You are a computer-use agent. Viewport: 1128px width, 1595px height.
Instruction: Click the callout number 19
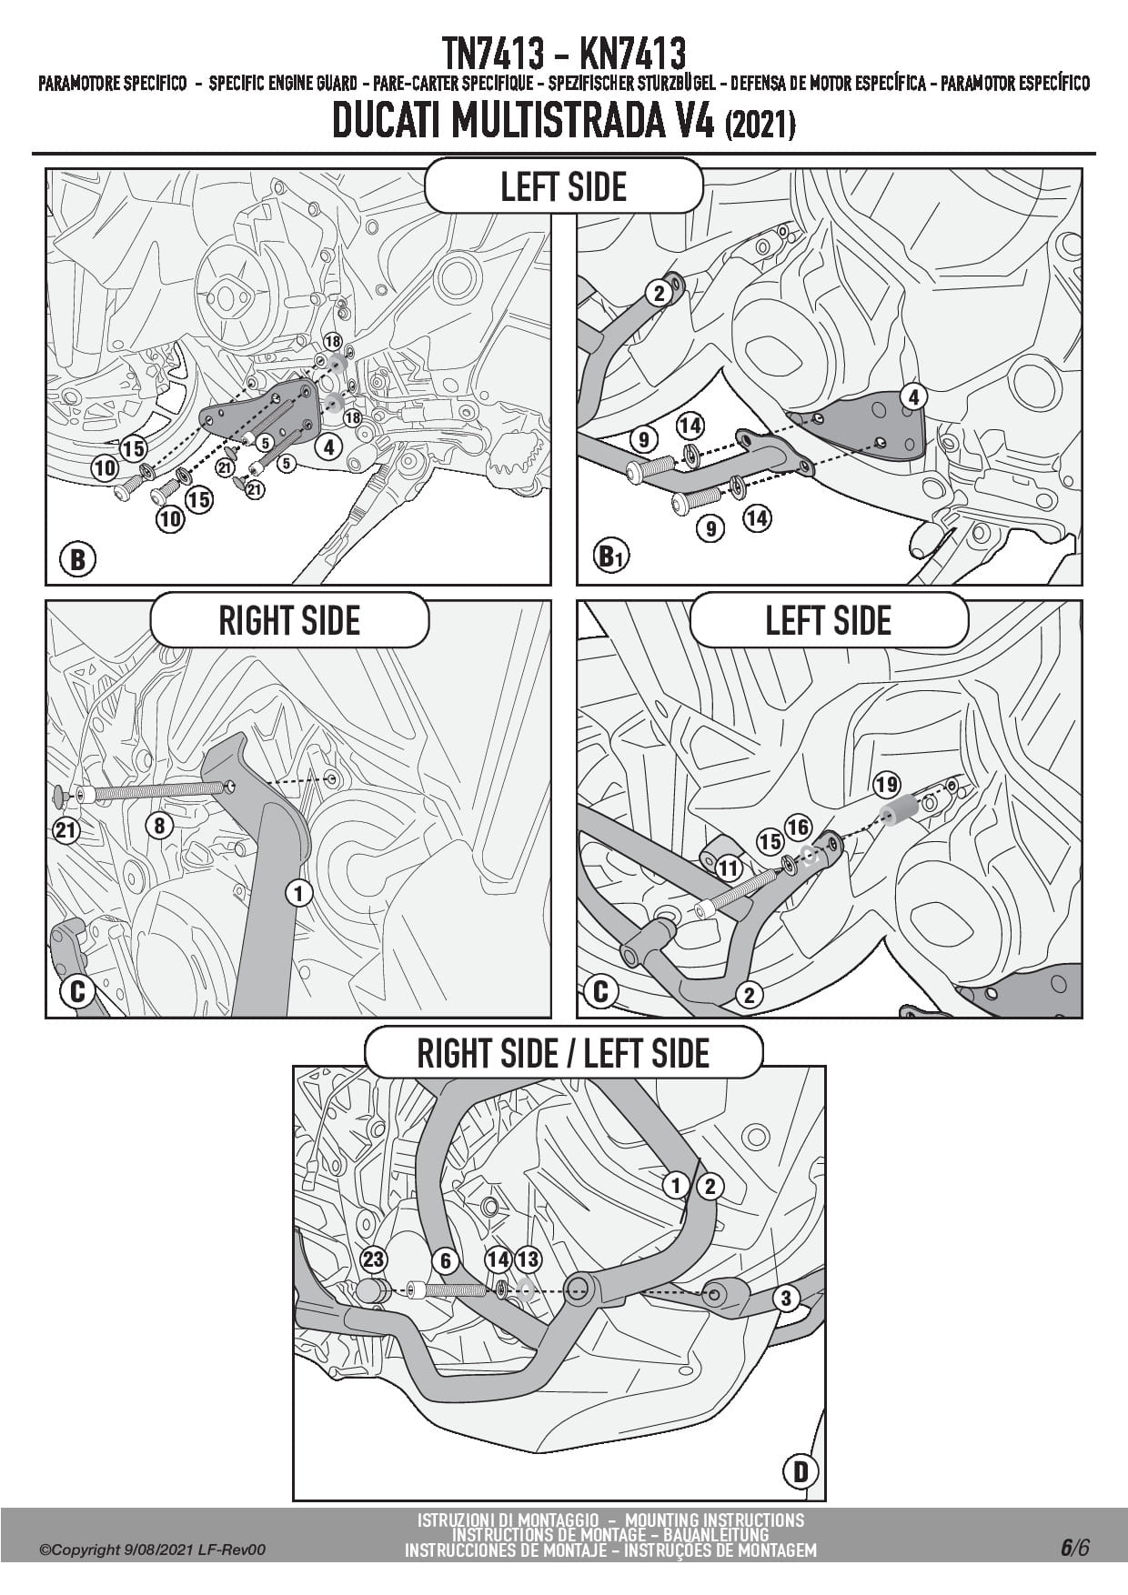click(x=885, y=784)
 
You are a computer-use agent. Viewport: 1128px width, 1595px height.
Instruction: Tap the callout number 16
click(x=798, y=827)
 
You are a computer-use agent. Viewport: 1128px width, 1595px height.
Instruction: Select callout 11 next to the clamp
click(x=729, y=868)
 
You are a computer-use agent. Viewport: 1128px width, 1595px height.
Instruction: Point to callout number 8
click(x=159, y=825)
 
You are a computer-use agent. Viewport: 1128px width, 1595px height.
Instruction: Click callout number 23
click(x=374, y=1259)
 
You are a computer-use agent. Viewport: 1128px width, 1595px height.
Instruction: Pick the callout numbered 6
click(x=445, y=1260)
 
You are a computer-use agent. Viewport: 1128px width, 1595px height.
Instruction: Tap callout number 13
click(x=528, y=1259)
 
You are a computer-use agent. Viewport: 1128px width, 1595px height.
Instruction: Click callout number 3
click(x=786, y=1297)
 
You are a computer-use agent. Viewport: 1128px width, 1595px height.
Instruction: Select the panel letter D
click(x=801, y=1471)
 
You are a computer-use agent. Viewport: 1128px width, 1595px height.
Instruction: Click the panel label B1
click(x=608, y=556)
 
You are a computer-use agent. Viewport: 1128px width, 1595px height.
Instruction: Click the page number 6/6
click(x=1073, y=1548)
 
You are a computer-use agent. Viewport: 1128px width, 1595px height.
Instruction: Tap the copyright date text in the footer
click(x=153, y=1550)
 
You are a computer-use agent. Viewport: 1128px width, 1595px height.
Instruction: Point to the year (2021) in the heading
click(x=760, y=125)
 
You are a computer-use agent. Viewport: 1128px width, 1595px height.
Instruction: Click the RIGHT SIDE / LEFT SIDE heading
click(x=563, y=1053)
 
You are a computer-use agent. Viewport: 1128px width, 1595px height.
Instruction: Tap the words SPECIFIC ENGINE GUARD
click(x=282, y=85)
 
